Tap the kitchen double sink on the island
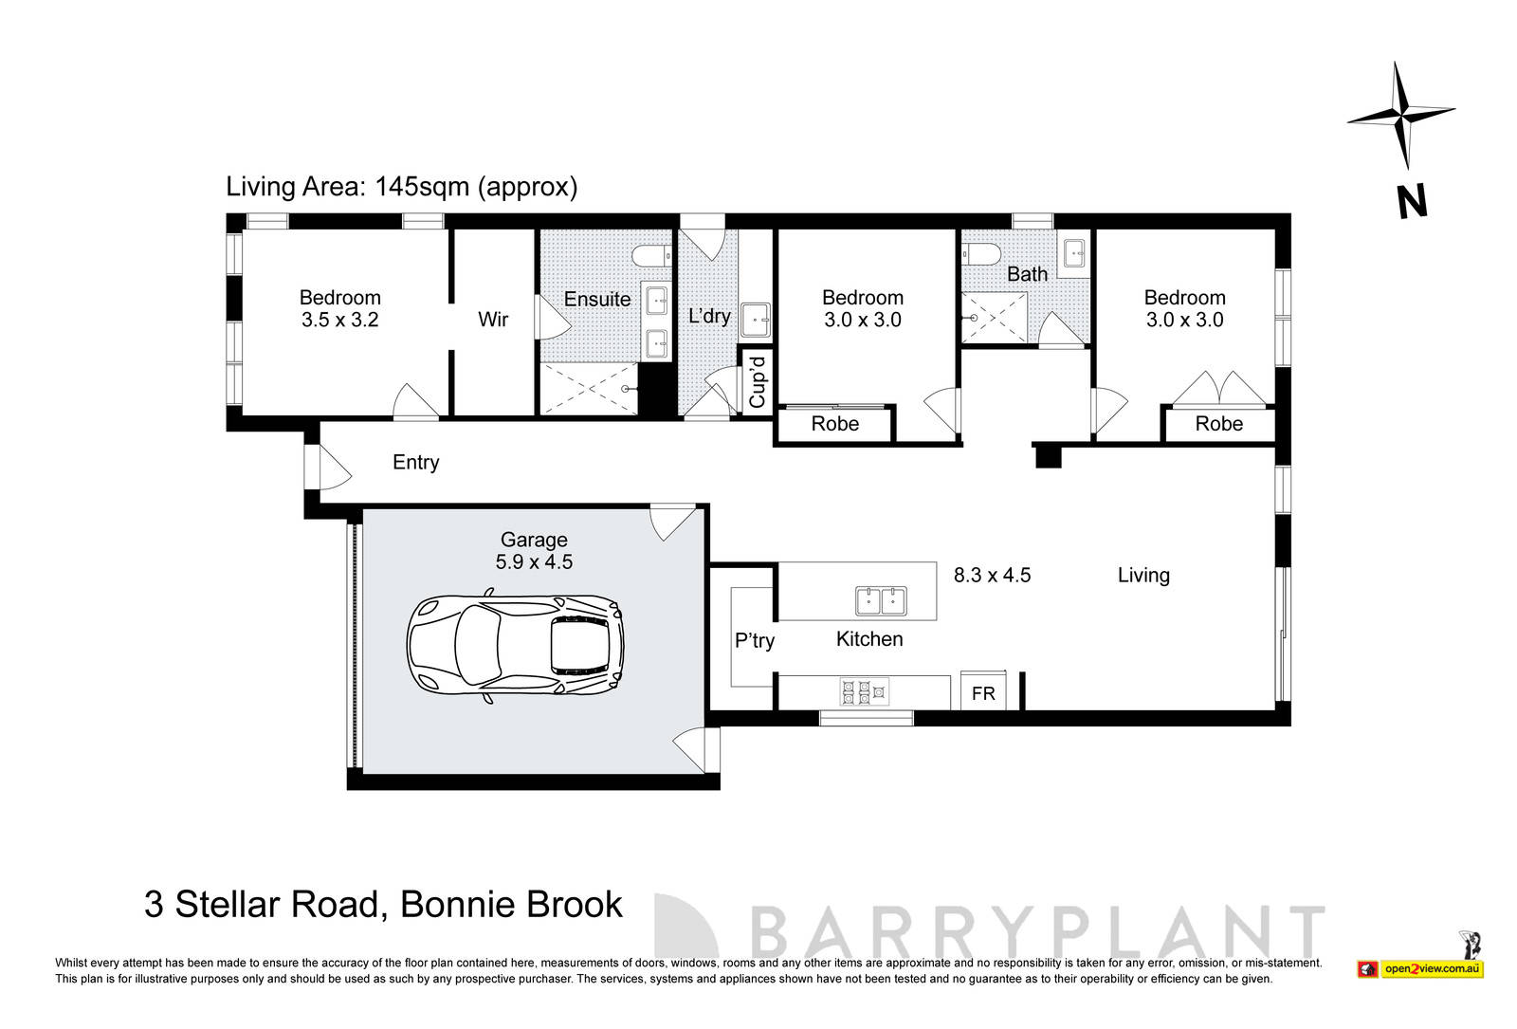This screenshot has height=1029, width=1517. (881, 601)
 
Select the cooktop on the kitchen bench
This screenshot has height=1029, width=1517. (863, 692)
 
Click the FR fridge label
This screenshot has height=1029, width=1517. (983, 694)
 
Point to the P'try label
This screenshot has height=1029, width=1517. (755, 641)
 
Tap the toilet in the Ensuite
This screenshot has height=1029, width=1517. (652, 257)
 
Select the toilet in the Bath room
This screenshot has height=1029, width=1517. (980, 254)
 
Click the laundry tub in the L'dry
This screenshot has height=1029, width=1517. (756, 320)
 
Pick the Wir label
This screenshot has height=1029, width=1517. (493, 320)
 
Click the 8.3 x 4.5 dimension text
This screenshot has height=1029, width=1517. (992, 575)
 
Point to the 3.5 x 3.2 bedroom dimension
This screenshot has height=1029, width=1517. (339, 321)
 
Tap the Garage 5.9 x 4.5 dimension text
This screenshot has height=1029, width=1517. (534, 562)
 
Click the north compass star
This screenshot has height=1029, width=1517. (1400, 117)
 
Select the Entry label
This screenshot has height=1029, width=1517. (415, 463)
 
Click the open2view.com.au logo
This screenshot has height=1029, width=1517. (1432, 968)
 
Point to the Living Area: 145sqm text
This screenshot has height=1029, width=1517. (401, 187)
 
